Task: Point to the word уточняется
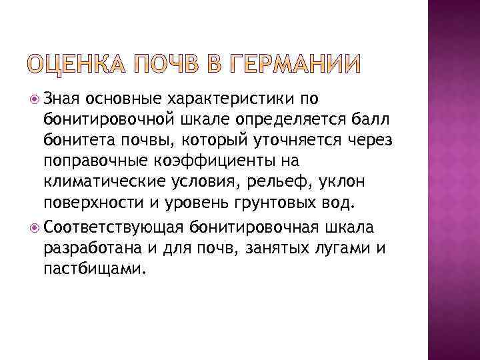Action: pos(289,142)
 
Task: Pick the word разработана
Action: pos(87,249)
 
